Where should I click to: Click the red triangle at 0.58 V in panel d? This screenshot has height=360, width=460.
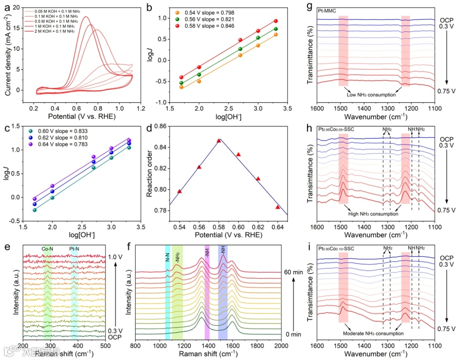tap(218, 140)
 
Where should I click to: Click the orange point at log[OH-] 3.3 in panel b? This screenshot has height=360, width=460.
tap(276, 34)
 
